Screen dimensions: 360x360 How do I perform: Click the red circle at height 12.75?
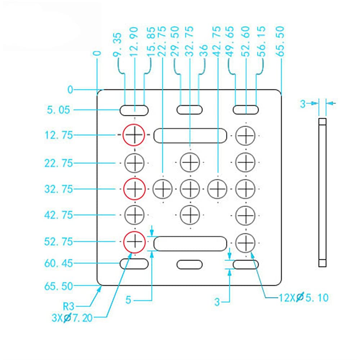coord(134,135)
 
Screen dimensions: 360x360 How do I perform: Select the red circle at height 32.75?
coord(134,188)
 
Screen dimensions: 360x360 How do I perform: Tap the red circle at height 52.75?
coord(134,241)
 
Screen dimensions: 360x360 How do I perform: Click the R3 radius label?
coord(68,307)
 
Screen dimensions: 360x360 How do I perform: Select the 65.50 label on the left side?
coord(59,286)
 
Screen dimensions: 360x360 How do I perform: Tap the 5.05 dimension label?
coord(58,109)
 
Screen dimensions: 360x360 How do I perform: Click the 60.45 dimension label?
coord(59,264)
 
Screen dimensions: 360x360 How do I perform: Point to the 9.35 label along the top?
coord(118,45)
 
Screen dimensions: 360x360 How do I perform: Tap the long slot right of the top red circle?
coord(190,135)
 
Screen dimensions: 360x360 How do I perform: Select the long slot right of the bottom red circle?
coord(190,243)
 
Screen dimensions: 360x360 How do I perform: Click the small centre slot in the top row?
coord(189,110)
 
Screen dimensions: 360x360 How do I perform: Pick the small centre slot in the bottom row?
coord(189,264)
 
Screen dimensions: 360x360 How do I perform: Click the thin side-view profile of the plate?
coord(322,193)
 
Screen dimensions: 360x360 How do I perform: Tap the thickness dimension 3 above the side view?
coord(303,104)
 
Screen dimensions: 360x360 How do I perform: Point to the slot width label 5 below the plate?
coord(129,300)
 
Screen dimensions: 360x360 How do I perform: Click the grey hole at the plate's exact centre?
coord(190,188)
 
